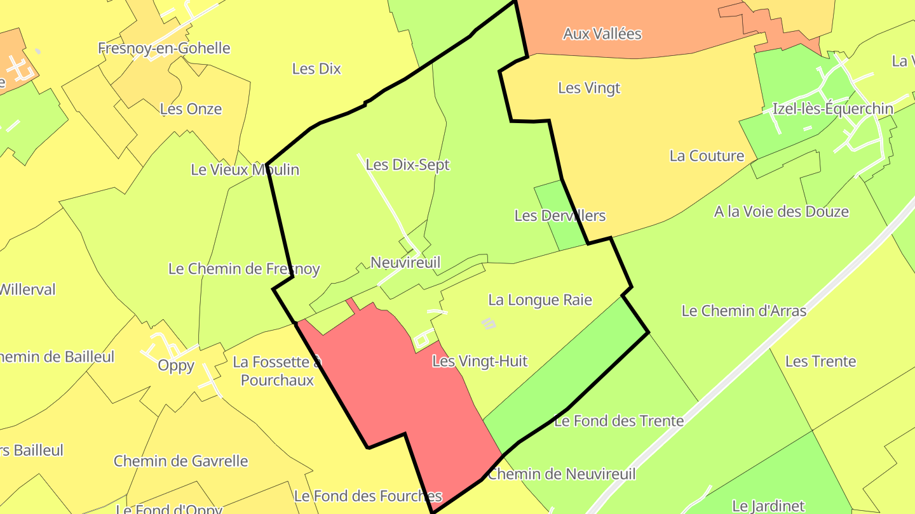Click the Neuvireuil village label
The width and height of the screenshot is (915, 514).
click(x=405, y=263)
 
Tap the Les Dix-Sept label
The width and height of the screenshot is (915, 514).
click(x=408, y=165)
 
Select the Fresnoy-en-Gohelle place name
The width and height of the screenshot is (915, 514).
click(x=164, y=48)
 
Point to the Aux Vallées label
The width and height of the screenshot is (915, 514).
click(x=602, y=34)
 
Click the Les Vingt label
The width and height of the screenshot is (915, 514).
click(x=589, y=88)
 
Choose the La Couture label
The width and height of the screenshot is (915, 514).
click(x=707, y=156)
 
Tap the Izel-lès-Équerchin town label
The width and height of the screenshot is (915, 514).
click(x=832, y=109)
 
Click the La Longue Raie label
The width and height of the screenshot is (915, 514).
click(x=540, y=300)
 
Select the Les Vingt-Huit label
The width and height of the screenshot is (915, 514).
click(x=480, y=362)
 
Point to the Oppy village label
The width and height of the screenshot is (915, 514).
click(x=176, y=366)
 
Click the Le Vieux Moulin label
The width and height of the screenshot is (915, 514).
click(x=245, y=170)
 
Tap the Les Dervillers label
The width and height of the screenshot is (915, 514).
click(x=560, y=216)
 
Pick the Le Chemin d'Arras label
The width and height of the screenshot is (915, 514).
click(x=743, y=311)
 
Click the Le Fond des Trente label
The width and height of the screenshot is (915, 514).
click(x=619, y=421)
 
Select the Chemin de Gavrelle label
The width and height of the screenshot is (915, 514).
click(x=180, y=461)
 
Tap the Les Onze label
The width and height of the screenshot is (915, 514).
click(x=191, y=109)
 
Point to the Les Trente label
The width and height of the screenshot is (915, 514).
click(x=820, y=362)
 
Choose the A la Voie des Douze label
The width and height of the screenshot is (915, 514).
click(x=781, y=212)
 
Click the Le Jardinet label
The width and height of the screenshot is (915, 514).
click(x=768, y=506)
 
